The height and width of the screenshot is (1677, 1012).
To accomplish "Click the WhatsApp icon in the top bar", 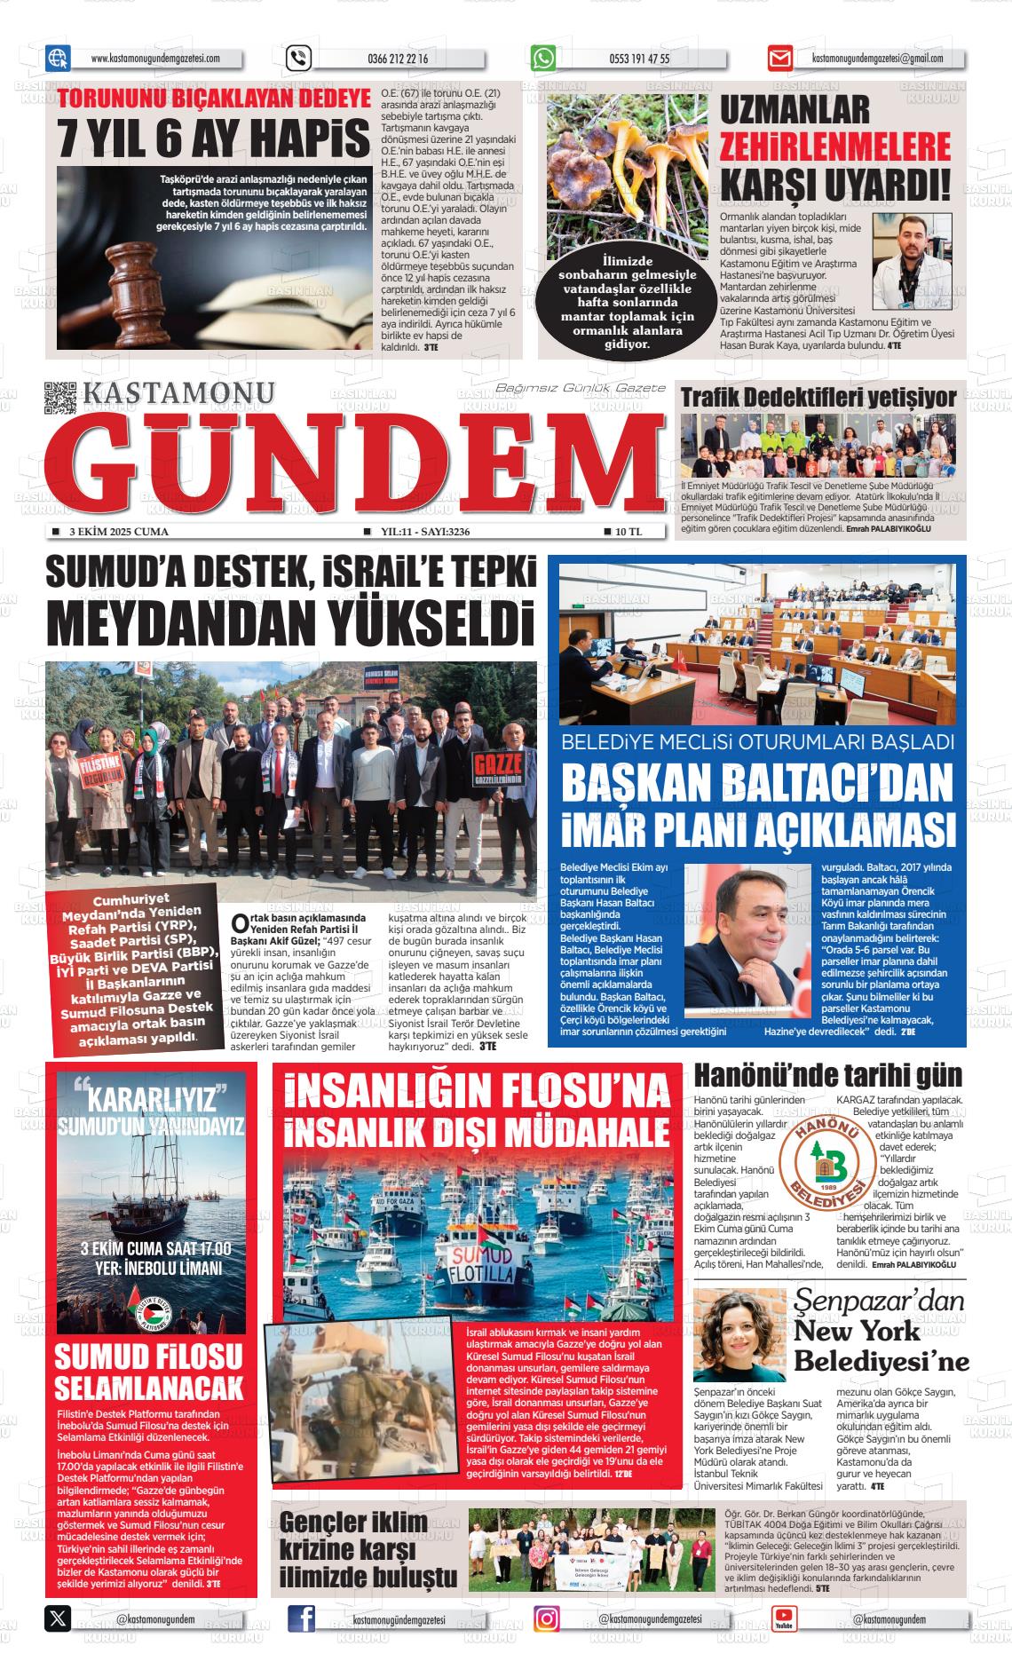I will pos(543,59).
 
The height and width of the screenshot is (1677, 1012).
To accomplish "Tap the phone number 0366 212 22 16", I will pos(397,59).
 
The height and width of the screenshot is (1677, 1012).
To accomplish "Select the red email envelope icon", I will pos(780,59).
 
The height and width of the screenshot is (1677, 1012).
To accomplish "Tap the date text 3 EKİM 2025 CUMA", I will pos(118,532).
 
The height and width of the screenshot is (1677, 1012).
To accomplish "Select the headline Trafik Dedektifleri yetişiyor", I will pos(818,397).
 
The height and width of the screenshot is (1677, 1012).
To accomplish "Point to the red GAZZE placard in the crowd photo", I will pos(499,769).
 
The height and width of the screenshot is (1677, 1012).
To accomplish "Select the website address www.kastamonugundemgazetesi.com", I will pos(154,59).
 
